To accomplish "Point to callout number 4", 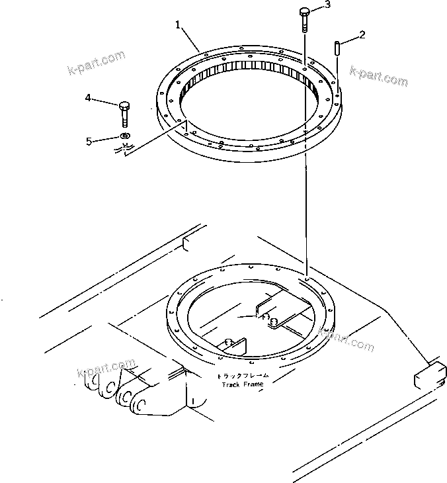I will click(x=88, y=98).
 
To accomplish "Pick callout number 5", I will click(x=88, y=141).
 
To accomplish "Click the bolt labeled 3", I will click(x=304, y=19).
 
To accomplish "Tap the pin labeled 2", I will click(x=338, y=50).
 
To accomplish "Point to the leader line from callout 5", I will click(x=106, y=139).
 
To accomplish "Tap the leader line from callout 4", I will click(x=106, y=101).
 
